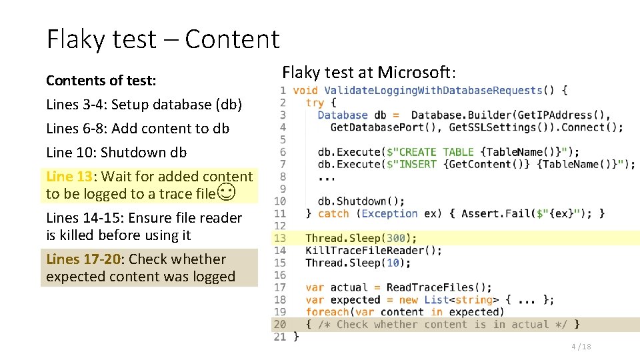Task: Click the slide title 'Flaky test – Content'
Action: pos(163,39)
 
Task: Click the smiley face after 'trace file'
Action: pos(227,194)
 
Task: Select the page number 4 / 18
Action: pos(581,347)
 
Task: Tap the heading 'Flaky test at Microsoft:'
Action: pos(369,72)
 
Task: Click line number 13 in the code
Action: pos(280,238)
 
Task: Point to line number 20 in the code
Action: pos(280,325)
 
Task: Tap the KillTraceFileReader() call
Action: pos(373,251)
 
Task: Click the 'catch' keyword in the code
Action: pos(333,213)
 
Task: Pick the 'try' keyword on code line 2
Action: pos(315,103)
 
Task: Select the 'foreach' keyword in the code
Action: pos(327,312)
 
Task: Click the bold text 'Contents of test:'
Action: pos(101,81)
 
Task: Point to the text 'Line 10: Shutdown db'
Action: pos(116,152)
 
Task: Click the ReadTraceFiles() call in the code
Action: pos(439,287)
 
